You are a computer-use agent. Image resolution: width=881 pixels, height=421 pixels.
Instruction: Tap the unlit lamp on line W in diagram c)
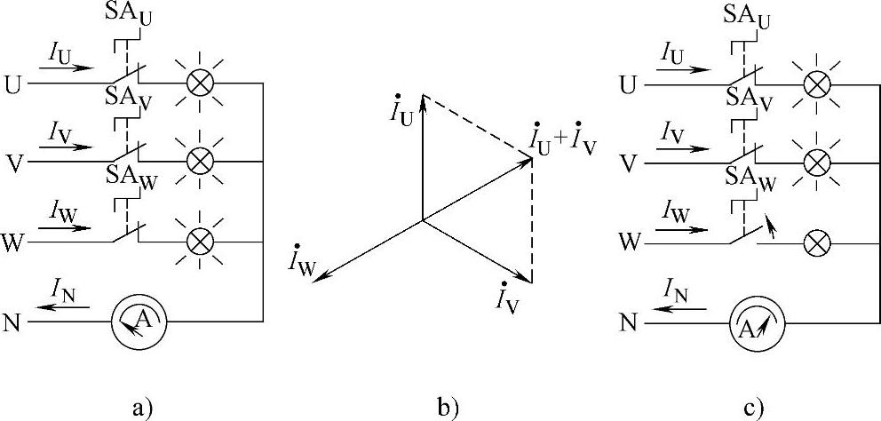coord(815,242)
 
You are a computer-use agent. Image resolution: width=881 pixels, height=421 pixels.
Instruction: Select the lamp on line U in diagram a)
coord(201,83)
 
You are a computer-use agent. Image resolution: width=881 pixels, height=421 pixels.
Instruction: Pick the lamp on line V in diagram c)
coord(815,162)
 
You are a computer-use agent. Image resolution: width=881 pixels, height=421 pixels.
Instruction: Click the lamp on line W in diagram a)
coord(201,242)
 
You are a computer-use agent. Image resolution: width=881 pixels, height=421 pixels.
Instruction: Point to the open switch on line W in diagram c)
coord(748,234)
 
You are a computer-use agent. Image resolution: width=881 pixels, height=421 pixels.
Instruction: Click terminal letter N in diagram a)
coord(12,321)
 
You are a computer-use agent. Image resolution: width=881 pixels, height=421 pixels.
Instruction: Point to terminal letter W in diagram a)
coord(13,242)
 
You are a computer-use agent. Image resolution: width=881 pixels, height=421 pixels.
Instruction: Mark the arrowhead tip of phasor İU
coord(423,95)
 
